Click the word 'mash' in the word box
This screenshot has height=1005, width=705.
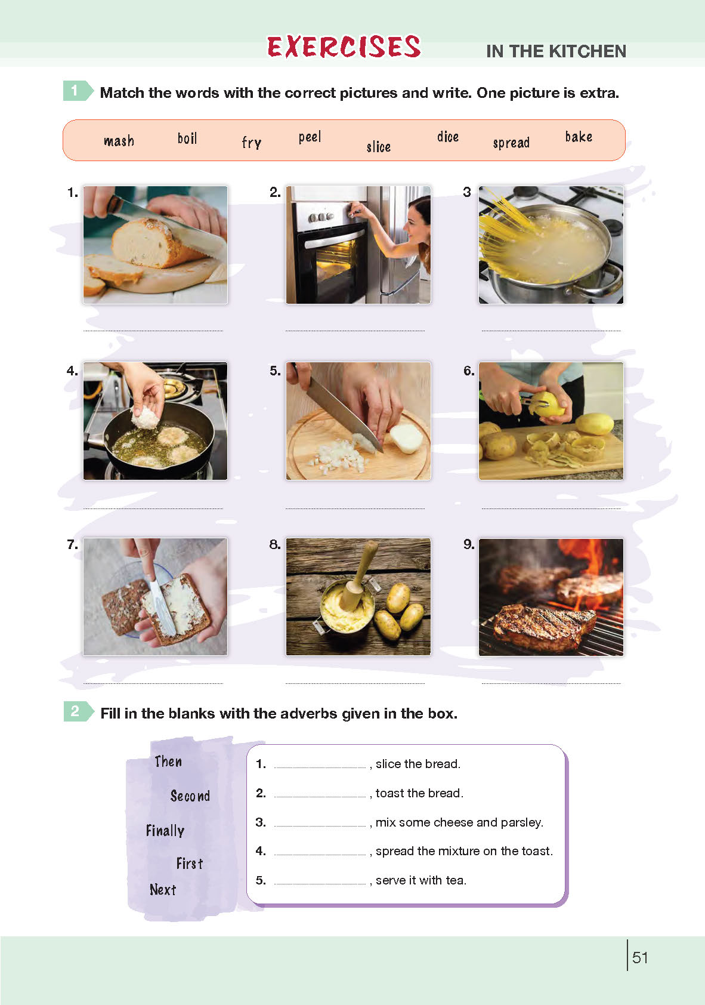119,141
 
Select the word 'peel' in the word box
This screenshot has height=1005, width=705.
310,137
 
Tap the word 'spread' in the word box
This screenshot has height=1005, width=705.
511,143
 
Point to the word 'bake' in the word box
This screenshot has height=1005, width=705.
579,137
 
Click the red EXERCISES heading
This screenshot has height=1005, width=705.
344,47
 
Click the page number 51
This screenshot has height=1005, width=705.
640,957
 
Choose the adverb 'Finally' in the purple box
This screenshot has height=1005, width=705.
165,831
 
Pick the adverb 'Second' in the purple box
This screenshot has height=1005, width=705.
190,796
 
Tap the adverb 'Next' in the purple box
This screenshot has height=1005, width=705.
163,889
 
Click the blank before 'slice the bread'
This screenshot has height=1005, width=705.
320,767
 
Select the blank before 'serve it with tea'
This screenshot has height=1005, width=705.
320,884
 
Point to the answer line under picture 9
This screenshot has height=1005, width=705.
551,683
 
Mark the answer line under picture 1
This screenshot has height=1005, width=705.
153,331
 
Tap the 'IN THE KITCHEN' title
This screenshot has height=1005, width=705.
556,51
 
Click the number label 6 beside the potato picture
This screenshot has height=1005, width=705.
469,371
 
